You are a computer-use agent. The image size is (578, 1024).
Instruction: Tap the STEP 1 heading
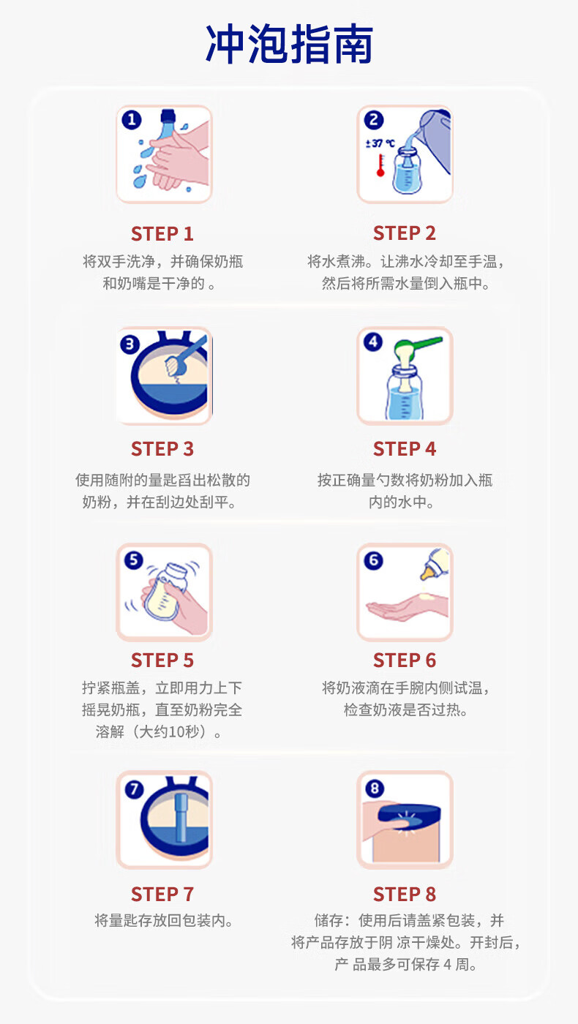click(162, 234)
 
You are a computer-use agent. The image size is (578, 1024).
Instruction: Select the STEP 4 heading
click(405, 449)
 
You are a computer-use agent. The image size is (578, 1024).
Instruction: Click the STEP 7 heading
click(162, 895)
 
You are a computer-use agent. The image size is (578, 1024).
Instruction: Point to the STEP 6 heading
click(405, 660)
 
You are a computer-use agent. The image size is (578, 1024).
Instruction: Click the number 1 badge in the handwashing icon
click(131, 120)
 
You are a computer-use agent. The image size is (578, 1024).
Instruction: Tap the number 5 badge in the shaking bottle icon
click(132, 560)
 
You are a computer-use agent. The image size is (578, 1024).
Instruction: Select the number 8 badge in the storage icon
click(374, 788)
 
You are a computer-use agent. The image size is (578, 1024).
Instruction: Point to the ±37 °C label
click(380, 144)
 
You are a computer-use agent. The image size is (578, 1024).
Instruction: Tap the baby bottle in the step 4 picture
click(404, 395)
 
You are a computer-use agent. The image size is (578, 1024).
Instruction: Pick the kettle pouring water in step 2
click(432, 139)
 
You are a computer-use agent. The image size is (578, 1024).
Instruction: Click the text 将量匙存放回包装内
click(163, 921)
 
